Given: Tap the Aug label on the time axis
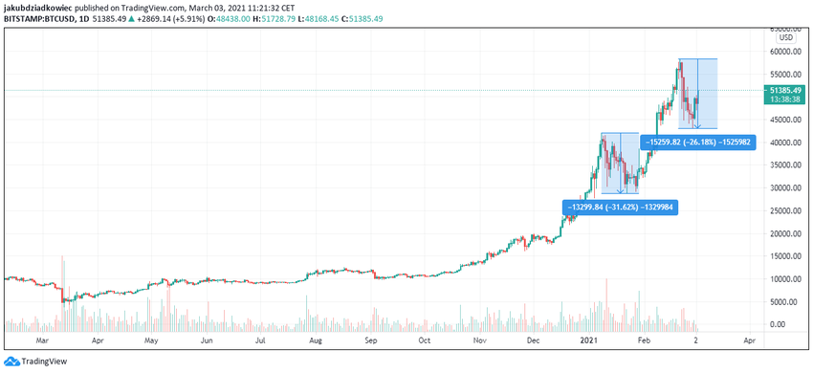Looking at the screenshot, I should [x=316, y=340].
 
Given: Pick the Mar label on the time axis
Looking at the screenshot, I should [x=41, y=340].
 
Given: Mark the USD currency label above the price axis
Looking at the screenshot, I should [x=786, y=38].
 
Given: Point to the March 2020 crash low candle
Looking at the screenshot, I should [x=63, y=302].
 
